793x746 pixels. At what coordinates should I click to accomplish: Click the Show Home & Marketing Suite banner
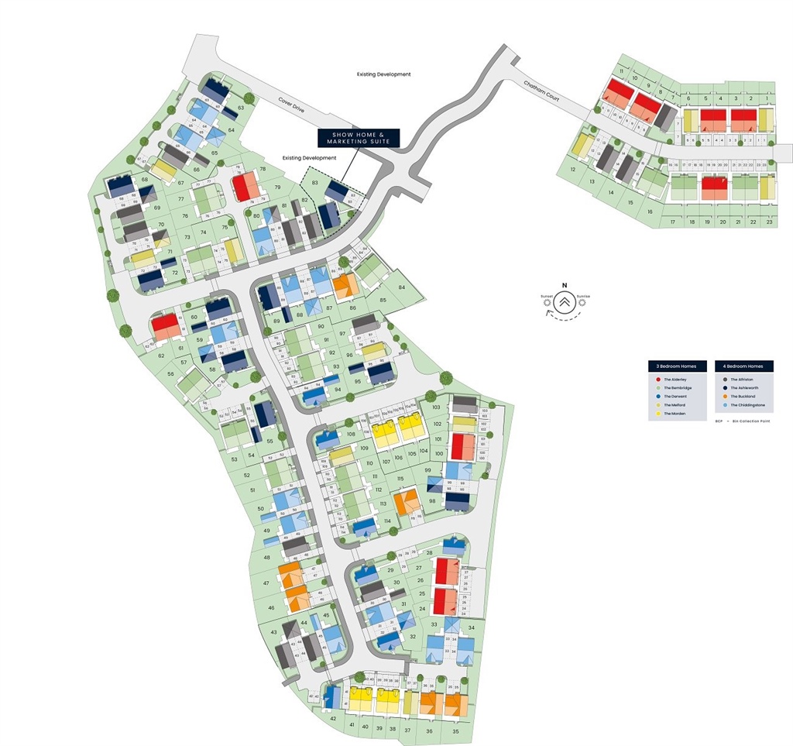point(359,138)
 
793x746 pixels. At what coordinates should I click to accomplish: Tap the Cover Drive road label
point(294,105)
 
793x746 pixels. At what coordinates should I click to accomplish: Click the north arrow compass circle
point(565,302)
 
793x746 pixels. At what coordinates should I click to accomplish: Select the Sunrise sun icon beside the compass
point(582,302)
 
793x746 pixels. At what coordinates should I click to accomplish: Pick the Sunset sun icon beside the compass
point(548,302)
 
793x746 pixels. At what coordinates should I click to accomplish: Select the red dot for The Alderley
point(657,380)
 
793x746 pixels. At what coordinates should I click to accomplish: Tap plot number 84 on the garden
point(402,287)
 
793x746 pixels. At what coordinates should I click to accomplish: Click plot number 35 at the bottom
point(456,731)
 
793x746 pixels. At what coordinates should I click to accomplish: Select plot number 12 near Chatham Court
point(574,169)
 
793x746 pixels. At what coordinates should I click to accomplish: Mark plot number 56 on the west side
point(171,373)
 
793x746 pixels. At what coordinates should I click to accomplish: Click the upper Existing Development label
point(383,74)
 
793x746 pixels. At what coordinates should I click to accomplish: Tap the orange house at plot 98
point(406,501)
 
